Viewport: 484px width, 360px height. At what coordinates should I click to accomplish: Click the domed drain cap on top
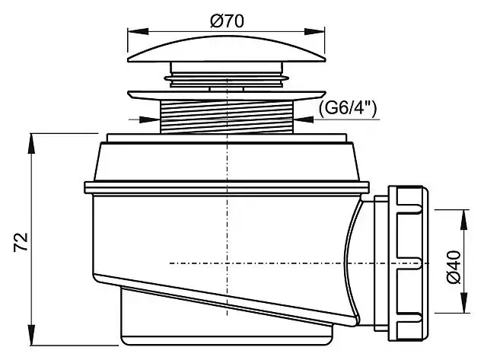coord(226,53)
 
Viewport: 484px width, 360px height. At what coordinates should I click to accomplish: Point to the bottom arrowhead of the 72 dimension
coord(31,339)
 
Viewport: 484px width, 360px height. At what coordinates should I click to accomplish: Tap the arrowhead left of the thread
coord(152,119)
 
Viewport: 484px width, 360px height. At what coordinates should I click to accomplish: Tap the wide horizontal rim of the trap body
coord(226,186)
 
